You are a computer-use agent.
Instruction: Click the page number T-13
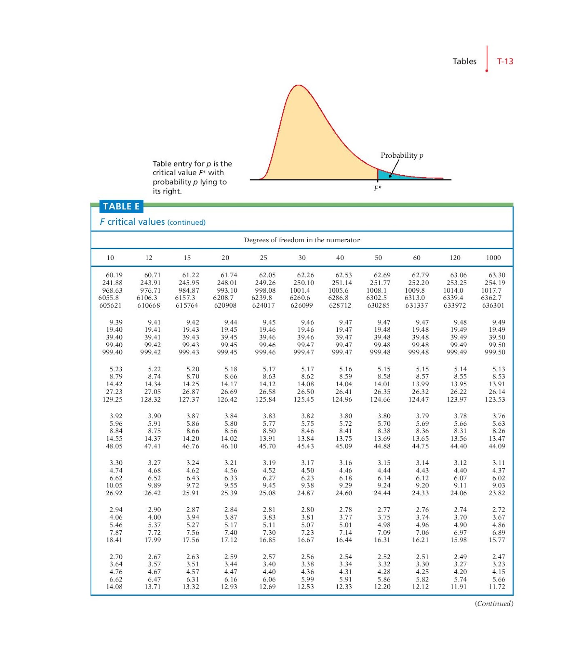point(505,61)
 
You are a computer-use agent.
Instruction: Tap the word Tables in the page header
point(464,61)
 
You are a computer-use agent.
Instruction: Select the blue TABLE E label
point(121,206)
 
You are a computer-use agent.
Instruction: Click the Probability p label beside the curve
point(402,155)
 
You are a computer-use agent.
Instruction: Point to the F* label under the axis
point(378,188)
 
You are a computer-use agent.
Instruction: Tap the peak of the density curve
point(298,85)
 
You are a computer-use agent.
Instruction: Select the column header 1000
point(493,258)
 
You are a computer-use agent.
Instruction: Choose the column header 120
point(455,258)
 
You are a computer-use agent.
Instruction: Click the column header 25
point(264,258)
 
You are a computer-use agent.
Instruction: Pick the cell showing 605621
point(110,305)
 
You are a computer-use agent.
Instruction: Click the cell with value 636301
point(493,305)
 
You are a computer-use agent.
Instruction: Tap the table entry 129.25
point(113,399)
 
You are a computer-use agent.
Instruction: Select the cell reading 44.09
point(497,446)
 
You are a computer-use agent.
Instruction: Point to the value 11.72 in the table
point(497,587)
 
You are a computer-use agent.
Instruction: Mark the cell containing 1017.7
point(491,290)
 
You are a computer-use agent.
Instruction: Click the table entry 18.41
point(114,540)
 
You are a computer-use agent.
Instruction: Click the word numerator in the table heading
point(344,240)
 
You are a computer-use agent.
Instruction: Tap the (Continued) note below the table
point(494,604)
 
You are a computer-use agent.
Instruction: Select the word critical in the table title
point(121,222)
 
